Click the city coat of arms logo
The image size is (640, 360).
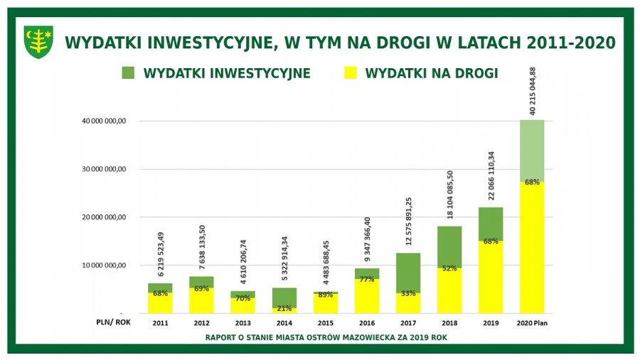click(x=39, y=42)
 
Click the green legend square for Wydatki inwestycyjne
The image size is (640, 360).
click(x=128, y=73)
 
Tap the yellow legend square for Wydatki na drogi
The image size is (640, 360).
click(x=350, y=73)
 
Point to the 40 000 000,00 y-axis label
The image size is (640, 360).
click(x=104, y=121)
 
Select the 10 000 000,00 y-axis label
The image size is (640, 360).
click(x=104, y=266)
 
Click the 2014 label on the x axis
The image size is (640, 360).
click(x=284, y=323)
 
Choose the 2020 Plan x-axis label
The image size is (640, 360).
click(x=532, y=323)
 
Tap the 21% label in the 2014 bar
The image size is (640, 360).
click(x=284, y=309)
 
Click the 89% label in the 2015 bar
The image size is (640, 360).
click(x=325, y=295)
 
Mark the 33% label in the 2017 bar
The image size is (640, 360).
click(x=408, y=293)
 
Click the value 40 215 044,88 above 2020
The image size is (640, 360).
click(x=532, y=92)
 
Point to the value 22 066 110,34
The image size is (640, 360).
click(x=491, y=175)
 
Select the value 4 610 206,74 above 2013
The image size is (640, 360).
click(x=243, y=262)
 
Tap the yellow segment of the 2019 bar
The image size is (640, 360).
click(x=491, y=277)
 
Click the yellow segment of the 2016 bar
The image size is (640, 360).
click(x=367, y=296)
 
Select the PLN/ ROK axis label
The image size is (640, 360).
click(x=114, y=322)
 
